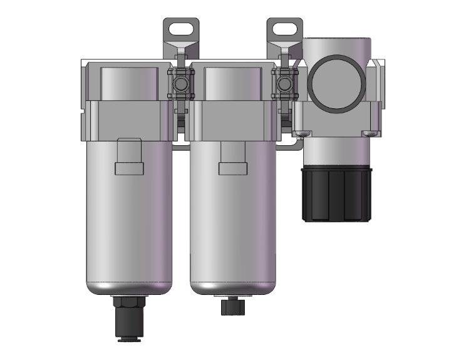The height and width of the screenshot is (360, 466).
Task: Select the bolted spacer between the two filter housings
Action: coord(182,84)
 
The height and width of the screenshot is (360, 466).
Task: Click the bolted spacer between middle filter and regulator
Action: coord(286,84)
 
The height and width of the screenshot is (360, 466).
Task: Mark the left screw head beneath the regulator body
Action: coord(303,133)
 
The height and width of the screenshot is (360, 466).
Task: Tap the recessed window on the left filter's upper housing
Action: coord(128,82)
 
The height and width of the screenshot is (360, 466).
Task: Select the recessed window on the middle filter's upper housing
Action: coord(232,82)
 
